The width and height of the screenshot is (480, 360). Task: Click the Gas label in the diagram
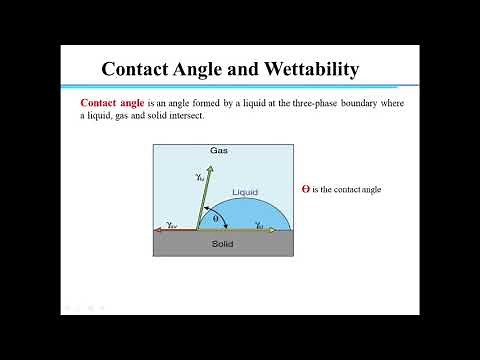click(220, 151)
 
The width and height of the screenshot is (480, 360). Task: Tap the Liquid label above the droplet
click(245, 191)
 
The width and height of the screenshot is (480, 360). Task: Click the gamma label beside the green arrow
click(198, 176)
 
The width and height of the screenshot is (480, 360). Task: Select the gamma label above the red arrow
click(172, 223)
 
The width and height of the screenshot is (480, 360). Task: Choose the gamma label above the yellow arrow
click(259, 223)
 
